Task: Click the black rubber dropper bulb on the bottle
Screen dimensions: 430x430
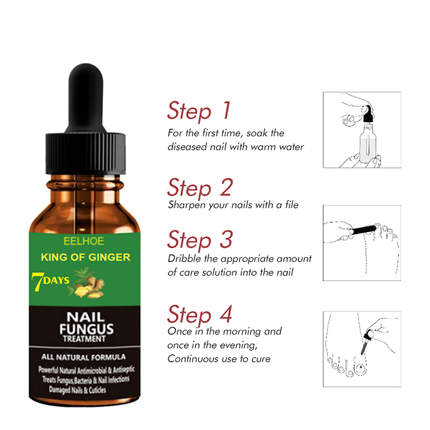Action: coord(85,99)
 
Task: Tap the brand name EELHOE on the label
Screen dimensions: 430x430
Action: coord(84,241)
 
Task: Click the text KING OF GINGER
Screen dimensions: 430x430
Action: coord(85,257)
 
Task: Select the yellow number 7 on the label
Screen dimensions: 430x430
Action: coord(37,282)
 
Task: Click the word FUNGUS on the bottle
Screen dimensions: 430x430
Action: coord(87,328)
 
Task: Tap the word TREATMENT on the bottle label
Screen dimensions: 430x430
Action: coord(84,339)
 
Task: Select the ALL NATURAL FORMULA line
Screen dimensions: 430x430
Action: coord(84,357)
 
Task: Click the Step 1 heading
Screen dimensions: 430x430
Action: coord(199,111)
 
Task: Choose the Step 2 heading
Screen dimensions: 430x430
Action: coord(200,188)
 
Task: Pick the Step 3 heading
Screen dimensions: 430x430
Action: coord(200,240)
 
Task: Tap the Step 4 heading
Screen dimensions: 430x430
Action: coord(199,315)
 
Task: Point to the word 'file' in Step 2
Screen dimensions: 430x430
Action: coord(291,205)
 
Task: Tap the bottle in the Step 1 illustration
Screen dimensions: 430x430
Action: coord(368,142)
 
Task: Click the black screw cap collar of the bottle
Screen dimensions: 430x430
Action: coord(85,154)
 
